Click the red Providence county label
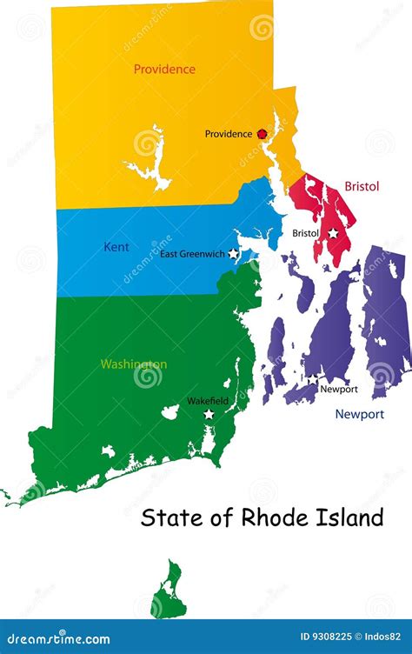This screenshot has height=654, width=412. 164,69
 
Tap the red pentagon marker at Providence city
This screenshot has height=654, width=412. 262,134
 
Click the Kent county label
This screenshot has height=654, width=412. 116,247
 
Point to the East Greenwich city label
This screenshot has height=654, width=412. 192,254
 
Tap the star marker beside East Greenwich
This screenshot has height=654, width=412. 233,254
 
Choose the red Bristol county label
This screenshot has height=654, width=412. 362,186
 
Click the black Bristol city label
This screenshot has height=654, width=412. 305,233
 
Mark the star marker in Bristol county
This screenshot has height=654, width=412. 333,233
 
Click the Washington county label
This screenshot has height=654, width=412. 134,364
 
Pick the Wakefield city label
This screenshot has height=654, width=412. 209,402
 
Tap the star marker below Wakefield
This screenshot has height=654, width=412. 209,414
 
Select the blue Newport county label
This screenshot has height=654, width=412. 360,415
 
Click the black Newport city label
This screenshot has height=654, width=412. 339,389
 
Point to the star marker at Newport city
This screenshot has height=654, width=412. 312,379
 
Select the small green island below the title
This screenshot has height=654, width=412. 168,591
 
